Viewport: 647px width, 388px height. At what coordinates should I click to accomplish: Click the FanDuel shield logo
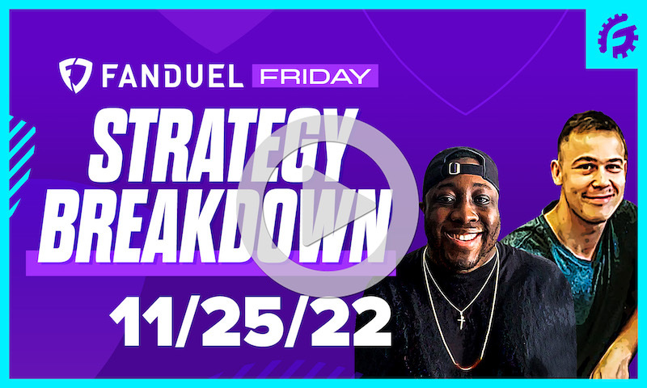(75, 74)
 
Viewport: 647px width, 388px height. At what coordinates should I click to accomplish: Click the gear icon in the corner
(618, 36)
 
